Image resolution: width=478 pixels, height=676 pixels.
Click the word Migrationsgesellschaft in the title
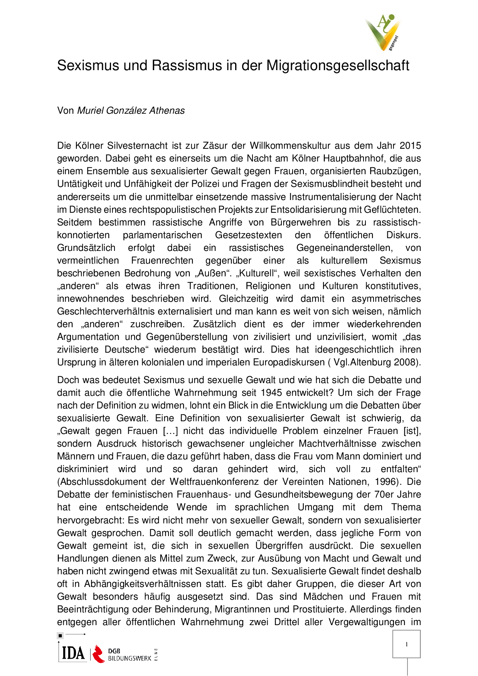point(338,66)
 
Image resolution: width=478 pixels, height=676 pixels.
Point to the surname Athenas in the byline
point(167,111)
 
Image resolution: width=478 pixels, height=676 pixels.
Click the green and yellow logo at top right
point(382,33)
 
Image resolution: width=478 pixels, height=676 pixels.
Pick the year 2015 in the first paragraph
point(410,146)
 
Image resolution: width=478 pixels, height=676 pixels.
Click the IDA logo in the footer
point(73,653)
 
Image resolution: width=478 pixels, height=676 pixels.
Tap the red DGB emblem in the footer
point(99,654)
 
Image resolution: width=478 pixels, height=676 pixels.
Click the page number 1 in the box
point(407,644)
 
